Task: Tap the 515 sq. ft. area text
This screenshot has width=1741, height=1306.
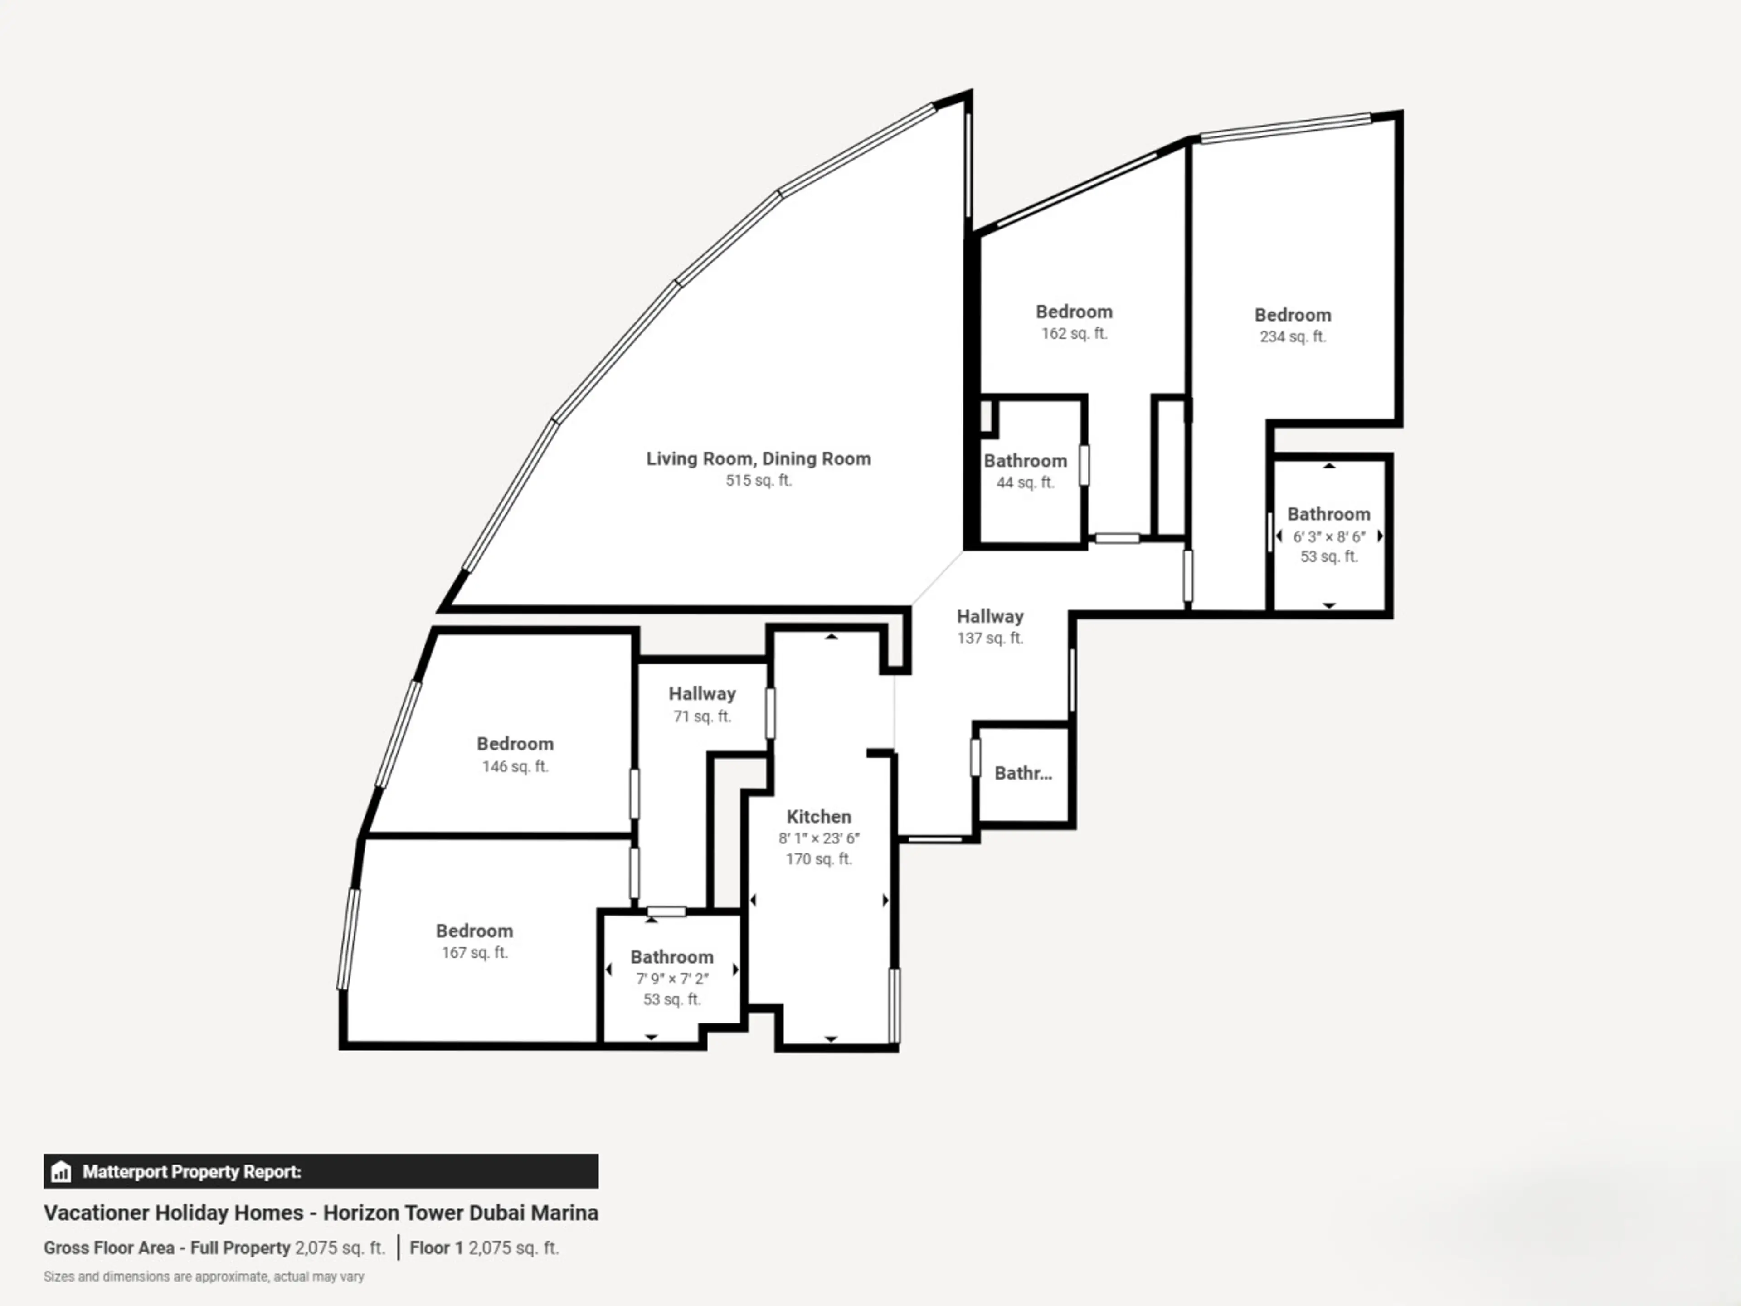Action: click(x=758, y=480)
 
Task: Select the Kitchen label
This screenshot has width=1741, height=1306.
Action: click(x=818, y=816)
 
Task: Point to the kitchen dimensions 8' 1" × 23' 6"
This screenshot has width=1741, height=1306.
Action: click(x=818, y=838)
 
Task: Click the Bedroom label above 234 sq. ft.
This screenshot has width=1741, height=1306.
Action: click(x=1292, y=315)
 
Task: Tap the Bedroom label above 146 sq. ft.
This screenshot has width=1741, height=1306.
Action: click(x=515, y=744)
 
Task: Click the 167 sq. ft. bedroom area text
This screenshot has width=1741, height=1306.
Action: click(x=475, y=953)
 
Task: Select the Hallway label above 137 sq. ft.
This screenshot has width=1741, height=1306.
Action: click(x=990, y=616)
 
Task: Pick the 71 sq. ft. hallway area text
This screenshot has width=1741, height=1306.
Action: click(x=702, y=716)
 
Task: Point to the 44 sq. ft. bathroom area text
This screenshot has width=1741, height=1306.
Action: click(x=1025, y=482)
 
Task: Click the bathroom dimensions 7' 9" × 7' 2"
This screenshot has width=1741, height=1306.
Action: click(x=672, y=979)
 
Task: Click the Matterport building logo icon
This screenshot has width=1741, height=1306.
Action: click(x=61, y=1172)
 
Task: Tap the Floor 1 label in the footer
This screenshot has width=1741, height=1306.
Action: click(x=436, y=1248)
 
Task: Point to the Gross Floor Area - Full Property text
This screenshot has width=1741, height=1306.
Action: click(x=167, y=1248)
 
